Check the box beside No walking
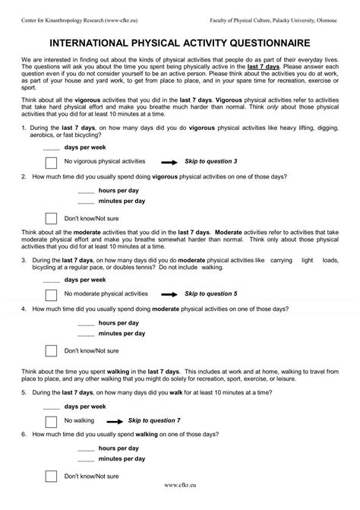pyautogui.click(x=51, y=420)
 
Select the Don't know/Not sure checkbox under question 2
pyautogui.click(x=51, y=219)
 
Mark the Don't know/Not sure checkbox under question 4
pyautogui.click(x=51, y=350)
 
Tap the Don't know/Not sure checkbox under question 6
pyautogui.click(x=51, y=477)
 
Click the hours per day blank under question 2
pyautogui.click(x=86, y=190)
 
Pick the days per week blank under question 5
pyautogui.click(x=51, y=406)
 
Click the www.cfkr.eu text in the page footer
pyautogui.click(x=180, y=502)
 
